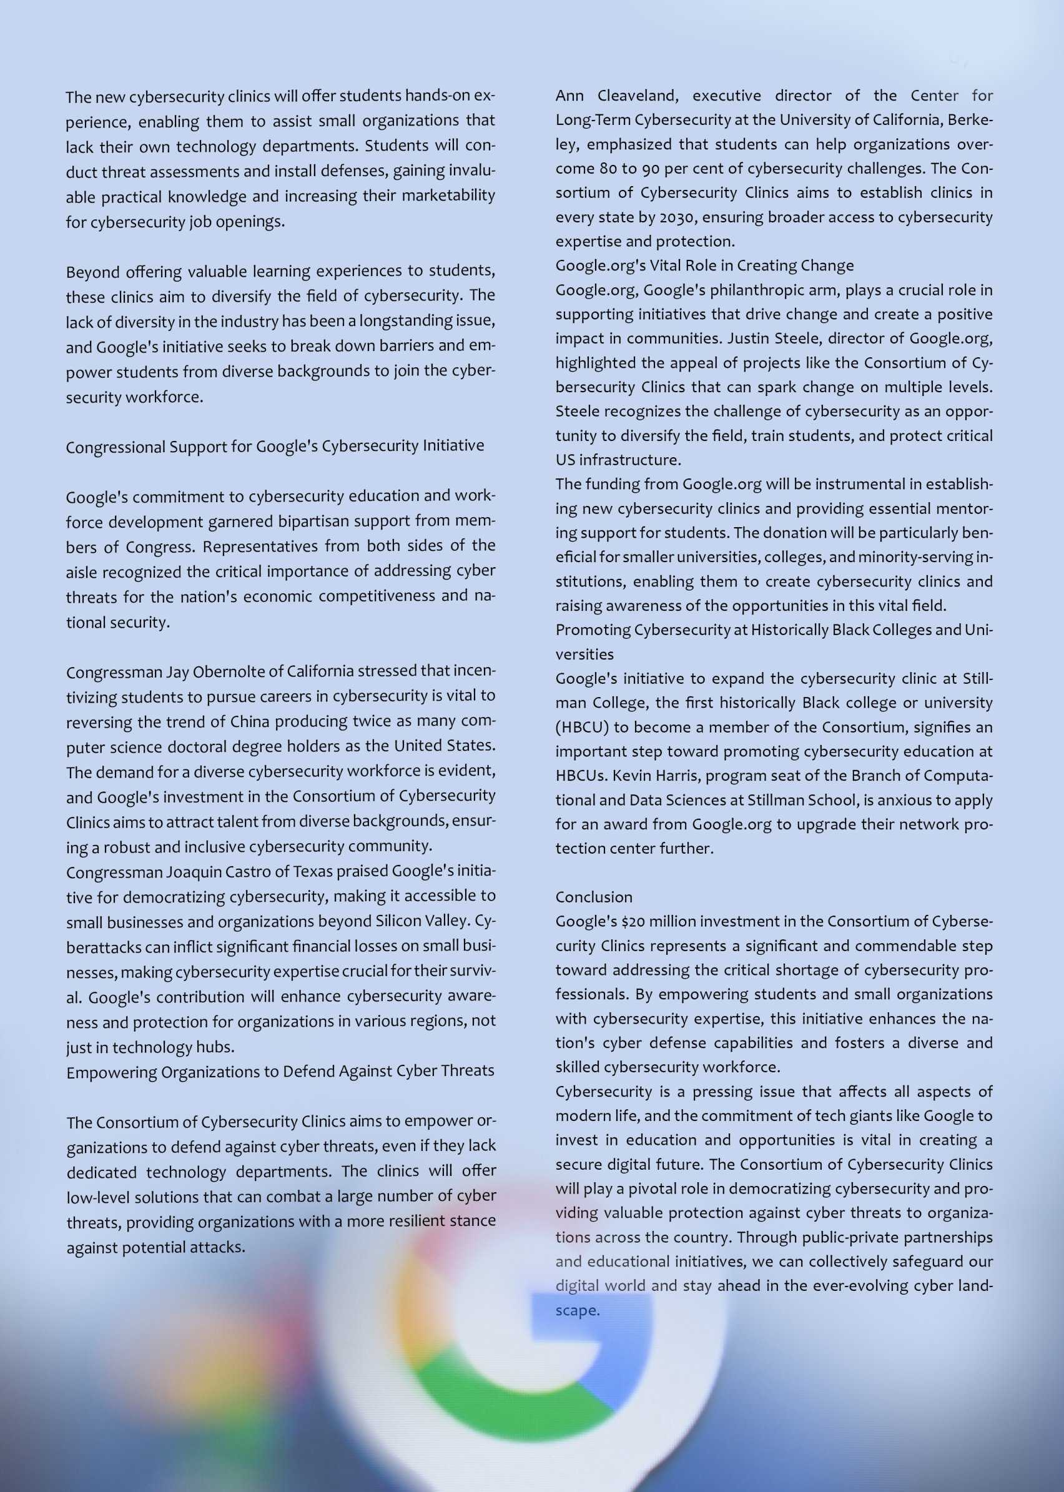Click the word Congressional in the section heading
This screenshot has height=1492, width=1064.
115,447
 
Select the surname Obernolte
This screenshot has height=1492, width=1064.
217,672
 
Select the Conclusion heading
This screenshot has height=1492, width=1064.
594,897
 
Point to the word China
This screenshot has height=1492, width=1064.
250,721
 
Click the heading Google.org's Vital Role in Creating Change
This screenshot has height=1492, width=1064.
704,265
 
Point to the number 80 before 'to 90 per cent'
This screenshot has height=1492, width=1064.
608,169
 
